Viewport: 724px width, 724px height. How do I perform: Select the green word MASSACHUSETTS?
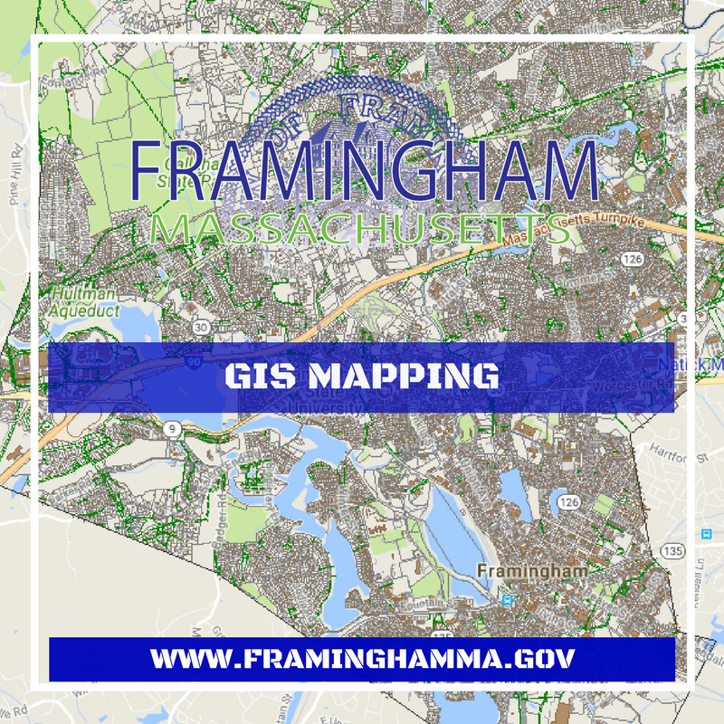[x=362, y=230]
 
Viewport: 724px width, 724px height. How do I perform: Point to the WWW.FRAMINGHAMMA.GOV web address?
[x=362, y=658]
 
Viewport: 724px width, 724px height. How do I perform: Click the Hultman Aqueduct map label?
[x=83, y=301]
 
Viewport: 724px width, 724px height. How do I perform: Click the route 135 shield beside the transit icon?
[x=672, y=549]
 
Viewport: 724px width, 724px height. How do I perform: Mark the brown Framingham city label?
[x=531, y=571]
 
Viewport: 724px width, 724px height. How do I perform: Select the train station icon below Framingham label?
[x=508, y=599]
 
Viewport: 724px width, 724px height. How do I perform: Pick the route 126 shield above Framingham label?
[x=568, y=500]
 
